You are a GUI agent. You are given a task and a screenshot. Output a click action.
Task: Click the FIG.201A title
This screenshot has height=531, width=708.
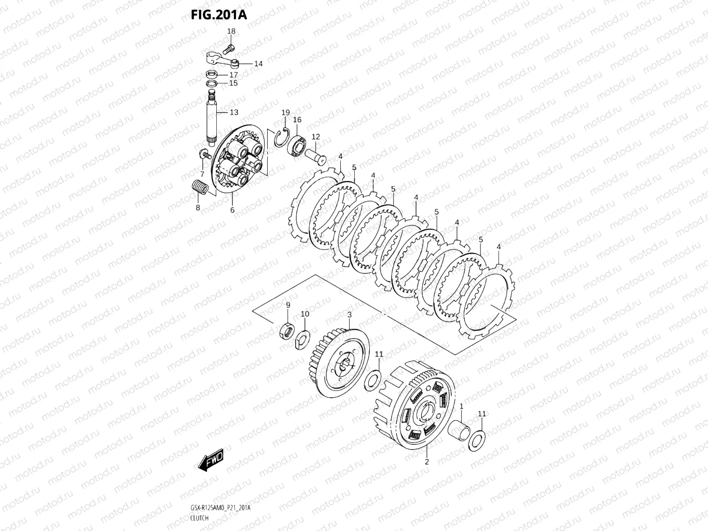(x=218, y=14)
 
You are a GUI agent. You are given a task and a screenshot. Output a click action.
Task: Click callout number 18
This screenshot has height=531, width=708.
(x=231, y=31)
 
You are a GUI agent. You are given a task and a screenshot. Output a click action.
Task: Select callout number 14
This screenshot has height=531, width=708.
(x=258, y=64)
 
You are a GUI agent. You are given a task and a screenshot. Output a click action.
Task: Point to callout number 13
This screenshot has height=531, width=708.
(x=234, y=112)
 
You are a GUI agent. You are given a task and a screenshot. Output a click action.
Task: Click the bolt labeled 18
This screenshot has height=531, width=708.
(x=229, y=49)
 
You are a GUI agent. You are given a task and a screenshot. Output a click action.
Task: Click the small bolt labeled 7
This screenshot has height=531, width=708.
(x=205, y=154)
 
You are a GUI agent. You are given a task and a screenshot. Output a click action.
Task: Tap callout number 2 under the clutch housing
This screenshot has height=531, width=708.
(x=427, y=462)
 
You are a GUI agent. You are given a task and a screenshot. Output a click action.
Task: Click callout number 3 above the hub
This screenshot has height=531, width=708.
(x=350, y=315)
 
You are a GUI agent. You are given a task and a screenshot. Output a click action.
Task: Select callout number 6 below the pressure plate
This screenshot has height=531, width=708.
(x=232, y=210)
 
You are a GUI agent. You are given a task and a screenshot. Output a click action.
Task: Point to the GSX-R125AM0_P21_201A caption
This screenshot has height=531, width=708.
(x=220, y=508)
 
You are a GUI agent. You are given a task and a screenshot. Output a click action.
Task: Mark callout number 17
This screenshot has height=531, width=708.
(x=233, y=75)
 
